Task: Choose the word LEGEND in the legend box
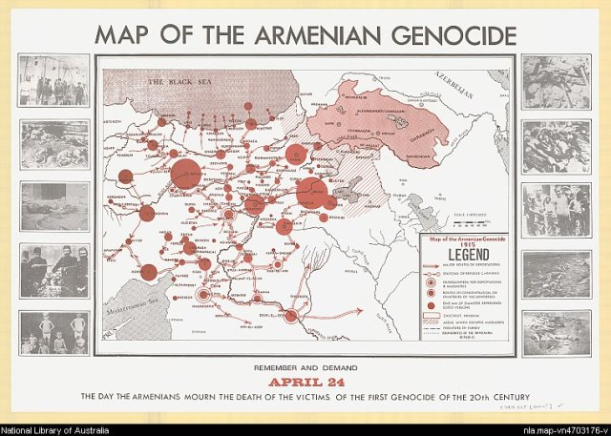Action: pos(461,257)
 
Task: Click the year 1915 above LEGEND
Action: pos(461,244)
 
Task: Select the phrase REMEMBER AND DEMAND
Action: pos(305,366)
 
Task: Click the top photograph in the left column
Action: pos(53,79)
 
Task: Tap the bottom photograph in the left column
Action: pos(53,333)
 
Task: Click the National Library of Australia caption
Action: pos(59,429)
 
